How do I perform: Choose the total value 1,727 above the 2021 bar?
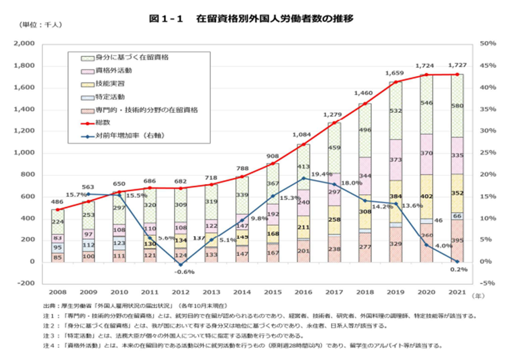(x=457, y=66)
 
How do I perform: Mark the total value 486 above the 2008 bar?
(x=57, y=201)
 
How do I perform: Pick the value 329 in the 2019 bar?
(x=395, y=244)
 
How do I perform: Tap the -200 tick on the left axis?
(x=26, y=283)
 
